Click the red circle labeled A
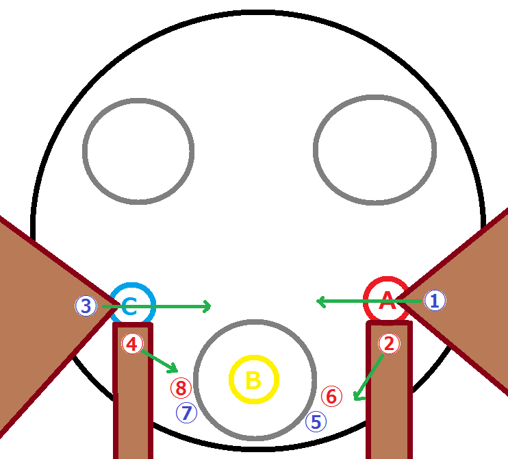[387, 300]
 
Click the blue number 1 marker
[435, 300]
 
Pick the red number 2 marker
[388, 344]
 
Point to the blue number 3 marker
[86, 306]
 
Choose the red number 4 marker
[131, 344]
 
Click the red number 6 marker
[331, 396]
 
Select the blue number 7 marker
[186, 412]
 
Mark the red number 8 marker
[181, 388]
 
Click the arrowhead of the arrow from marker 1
[318, 300]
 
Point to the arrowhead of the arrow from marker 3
[208, 306]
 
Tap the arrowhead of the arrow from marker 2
[355, 398]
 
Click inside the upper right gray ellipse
[374, 150]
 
